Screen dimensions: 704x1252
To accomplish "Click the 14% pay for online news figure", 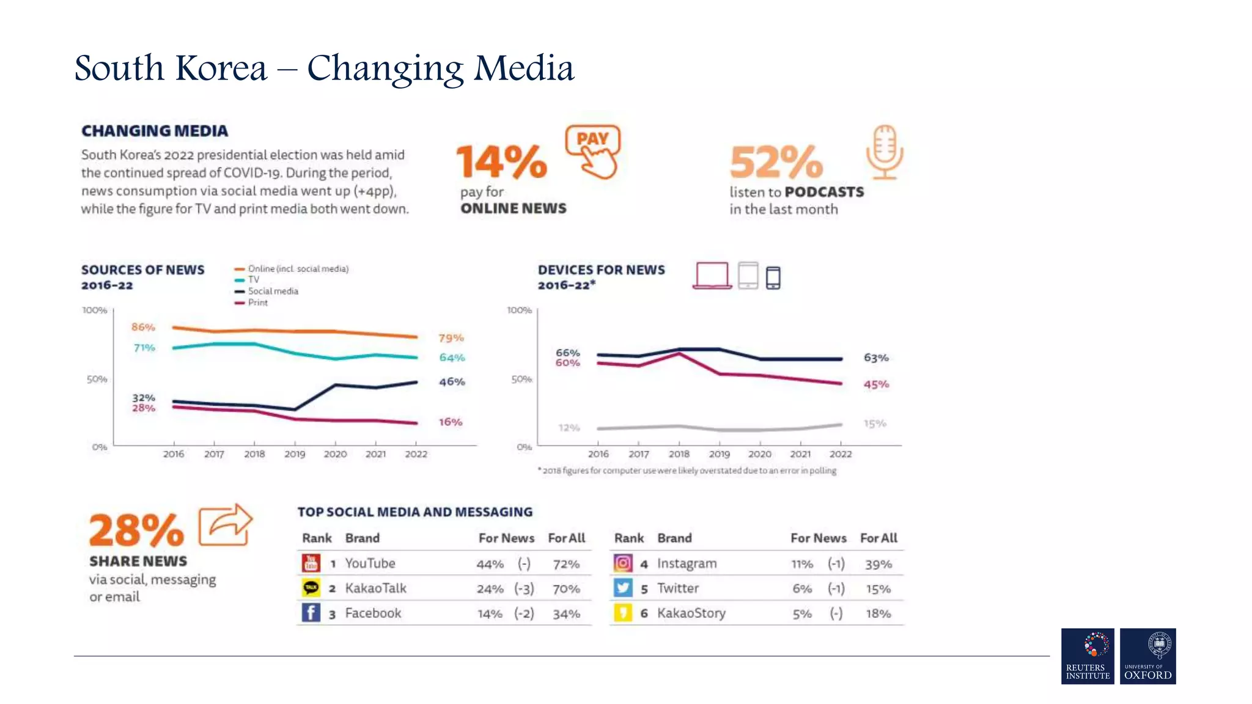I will (501, 161).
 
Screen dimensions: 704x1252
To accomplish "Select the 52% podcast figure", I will (776, 161).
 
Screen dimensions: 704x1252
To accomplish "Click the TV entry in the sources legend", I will (253, 280).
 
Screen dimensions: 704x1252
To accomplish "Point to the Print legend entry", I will (257, 302).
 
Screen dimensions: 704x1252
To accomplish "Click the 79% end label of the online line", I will (451, 338).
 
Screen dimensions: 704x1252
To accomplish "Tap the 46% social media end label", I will (452, 382).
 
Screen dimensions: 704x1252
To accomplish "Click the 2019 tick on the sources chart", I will (295, 453).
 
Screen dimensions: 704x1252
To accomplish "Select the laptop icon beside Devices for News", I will (712, 276).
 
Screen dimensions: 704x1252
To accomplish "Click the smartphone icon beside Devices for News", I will (773, 277).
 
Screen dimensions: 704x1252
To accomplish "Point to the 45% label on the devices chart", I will (876, 384).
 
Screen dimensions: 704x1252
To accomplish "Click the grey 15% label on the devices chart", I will (875, 424).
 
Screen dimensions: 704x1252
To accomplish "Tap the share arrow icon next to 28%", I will (225, 525).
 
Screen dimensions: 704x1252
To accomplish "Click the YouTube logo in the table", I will (311, 563).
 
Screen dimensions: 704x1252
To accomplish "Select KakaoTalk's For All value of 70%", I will (566, 589).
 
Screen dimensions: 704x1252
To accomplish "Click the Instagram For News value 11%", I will (802, 564).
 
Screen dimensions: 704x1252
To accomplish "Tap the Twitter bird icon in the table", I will (622, 588).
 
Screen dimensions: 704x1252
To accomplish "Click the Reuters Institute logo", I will (1088, 656).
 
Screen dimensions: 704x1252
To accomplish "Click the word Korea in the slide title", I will (221, 68).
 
